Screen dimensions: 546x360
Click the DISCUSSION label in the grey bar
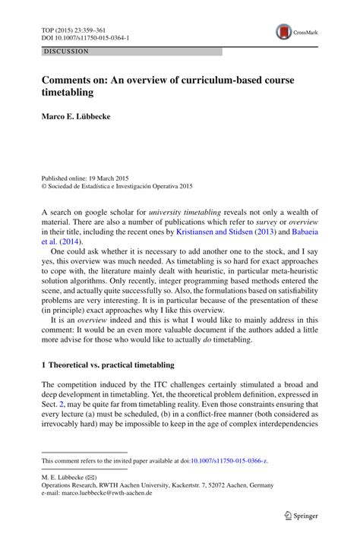tap(66, 51)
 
